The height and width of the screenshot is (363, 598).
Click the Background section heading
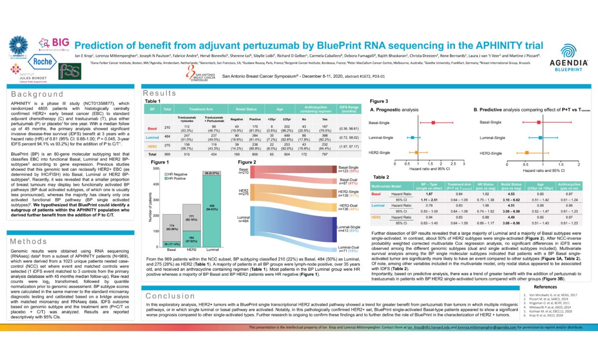tap(37, 94)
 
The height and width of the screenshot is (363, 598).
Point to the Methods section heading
tap(29, 242)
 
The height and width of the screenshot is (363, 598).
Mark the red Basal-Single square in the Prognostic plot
tap(433, 122)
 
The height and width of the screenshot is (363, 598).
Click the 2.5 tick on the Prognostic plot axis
tap(452, 163)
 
